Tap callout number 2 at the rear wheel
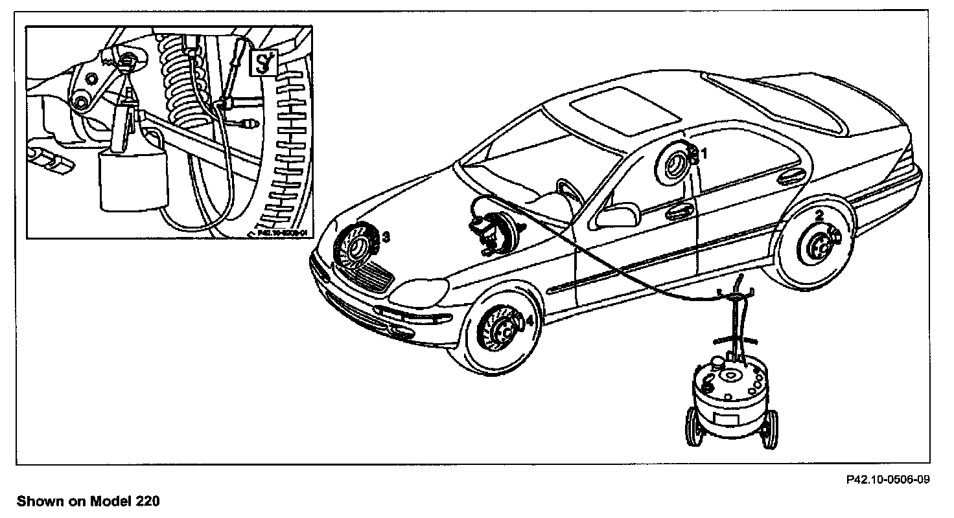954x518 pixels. pyautogui.click(x=819, y=215)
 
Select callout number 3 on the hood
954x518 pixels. pyautogui.click(x=386, y=237)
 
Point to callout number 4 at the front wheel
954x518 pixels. pyautogui.click(x=529, y=320)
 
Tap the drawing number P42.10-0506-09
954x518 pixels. pyautogui.click(x=888, y=480)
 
